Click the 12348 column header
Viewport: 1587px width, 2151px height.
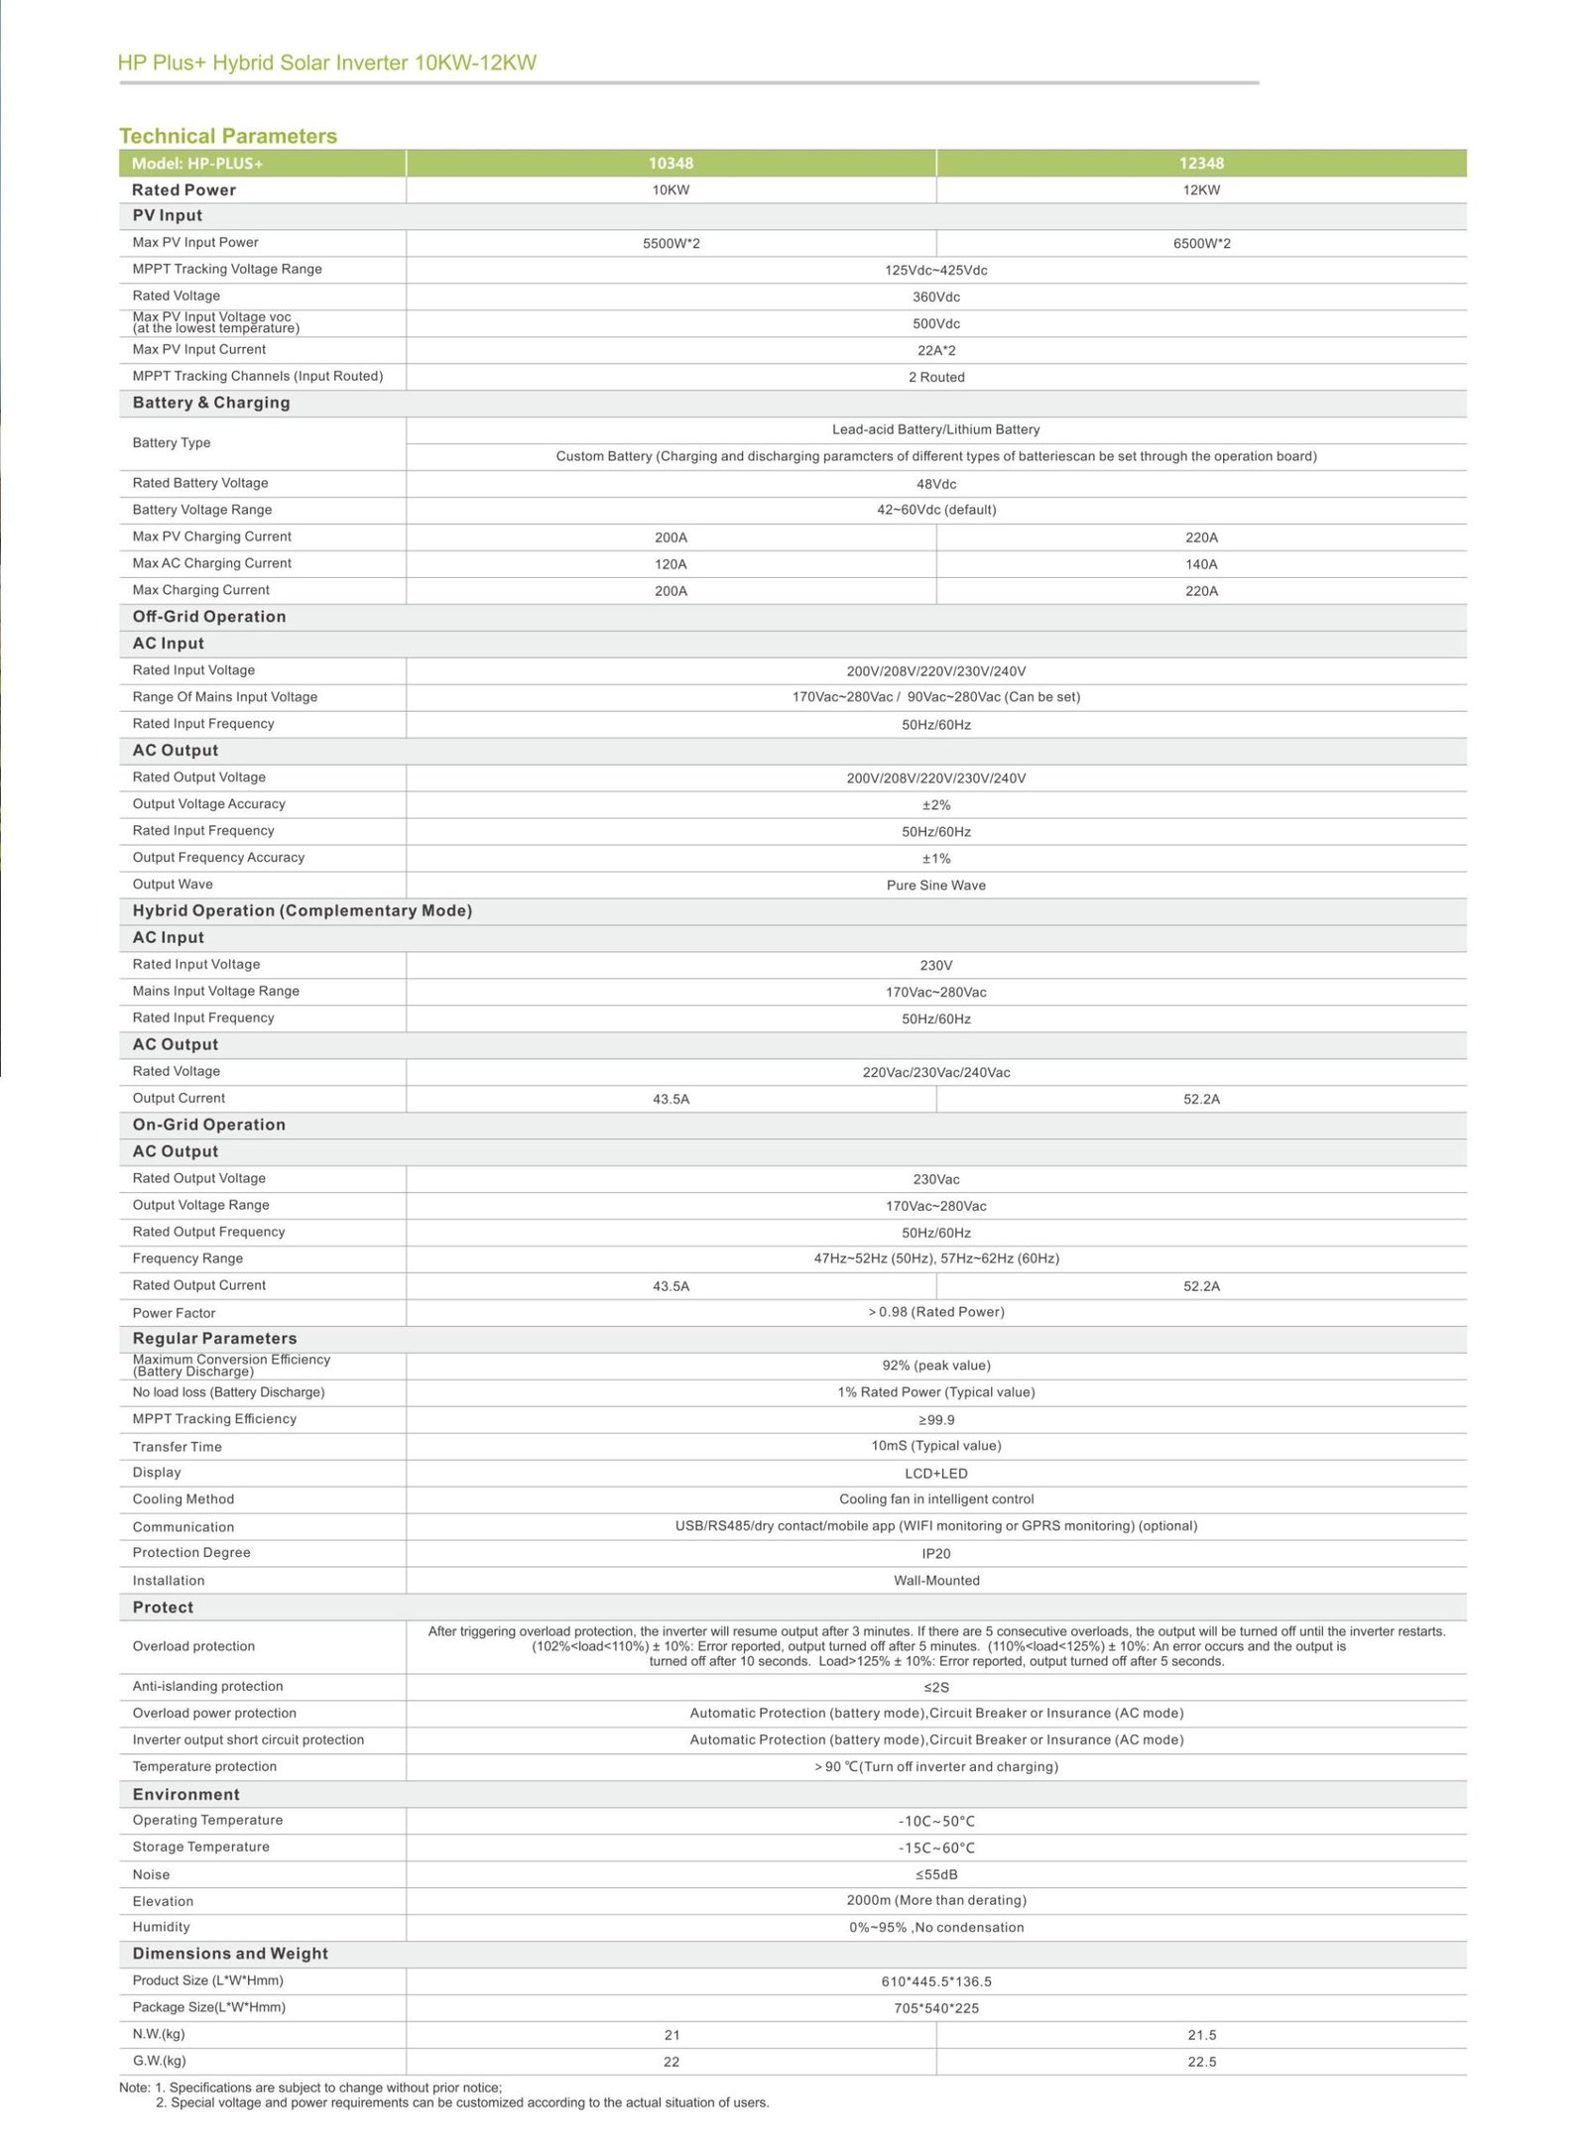point(1200,163)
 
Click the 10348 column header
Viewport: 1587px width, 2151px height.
point(671,163)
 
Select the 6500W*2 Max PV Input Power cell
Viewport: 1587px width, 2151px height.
point(1200,243)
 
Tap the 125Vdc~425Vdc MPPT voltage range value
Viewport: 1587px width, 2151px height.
point(935,270)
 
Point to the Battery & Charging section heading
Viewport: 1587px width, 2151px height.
point(211,403)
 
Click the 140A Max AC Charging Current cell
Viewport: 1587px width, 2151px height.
point(1200,564)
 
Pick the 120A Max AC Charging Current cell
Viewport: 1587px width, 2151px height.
point(671,564)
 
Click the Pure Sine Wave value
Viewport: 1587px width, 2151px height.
point(935,885)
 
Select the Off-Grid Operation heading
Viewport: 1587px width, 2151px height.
point(209,617)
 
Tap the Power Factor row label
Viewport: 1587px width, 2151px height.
point(174,1312)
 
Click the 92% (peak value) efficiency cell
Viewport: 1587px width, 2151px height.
point(935,1366)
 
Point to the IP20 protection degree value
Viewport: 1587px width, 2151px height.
point(935,1553)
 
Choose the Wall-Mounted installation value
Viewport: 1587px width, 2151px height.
point(935,1580)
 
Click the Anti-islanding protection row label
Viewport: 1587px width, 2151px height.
point(207,1686)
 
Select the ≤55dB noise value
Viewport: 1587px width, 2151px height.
point(935,1874)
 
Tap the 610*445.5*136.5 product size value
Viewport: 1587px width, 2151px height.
point(935,1981)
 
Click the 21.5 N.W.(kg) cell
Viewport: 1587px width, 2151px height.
point(1201,2035)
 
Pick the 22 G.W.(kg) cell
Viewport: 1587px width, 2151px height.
point(671,2062)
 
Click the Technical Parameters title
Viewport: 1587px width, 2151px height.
point(228,136)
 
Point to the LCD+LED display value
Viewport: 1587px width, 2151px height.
point(935,1473)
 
